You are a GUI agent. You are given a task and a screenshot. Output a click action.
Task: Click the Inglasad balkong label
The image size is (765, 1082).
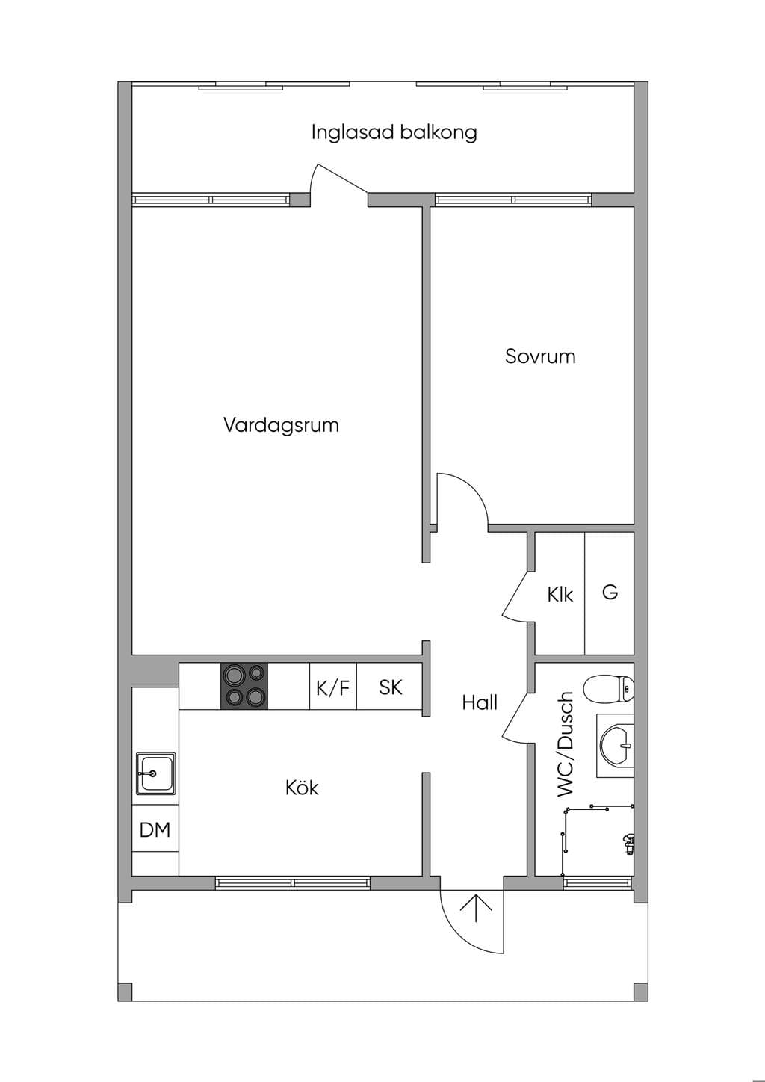click(x=394, y=132)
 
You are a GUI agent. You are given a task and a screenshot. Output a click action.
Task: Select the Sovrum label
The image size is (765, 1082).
click(x=540, y=356)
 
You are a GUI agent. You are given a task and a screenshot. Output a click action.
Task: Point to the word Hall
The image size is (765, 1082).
click(x=480, y=702)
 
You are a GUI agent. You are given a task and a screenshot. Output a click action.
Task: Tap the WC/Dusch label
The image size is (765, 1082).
click(x=566, y=744)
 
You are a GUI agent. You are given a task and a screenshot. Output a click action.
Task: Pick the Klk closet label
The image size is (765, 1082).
click(x=560, y=595)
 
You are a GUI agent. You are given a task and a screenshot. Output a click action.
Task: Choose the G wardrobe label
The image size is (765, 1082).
click(x=610, y=592)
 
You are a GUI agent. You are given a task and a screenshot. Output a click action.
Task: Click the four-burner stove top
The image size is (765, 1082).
click(x=244, y=686)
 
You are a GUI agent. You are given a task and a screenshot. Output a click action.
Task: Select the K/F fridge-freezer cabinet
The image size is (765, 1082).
click(x=333, y=686)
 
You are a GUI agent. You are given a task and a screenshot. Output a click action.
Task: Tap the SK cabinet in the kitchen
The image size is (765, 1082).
click(x=390, y=686)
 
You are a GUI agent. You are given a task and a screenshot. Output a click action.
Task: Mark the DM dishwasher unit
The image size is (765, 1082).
click(x=155, y=830)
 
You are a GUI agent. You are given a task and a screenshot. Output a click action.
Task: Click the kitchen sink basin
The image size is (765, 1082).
click(x=155, y=773)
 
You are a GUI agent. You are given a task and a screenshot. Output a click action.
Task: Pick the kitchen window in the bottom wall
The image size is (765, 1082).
click(x=293, y=883)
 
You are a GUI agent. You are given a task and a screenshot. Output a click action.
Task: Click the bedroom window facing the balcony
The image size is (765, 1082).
click(x=513, y=200)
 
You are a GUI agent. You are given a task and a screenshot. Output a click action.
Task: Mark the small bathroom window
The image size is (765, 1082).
click(x=598, y=883)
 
